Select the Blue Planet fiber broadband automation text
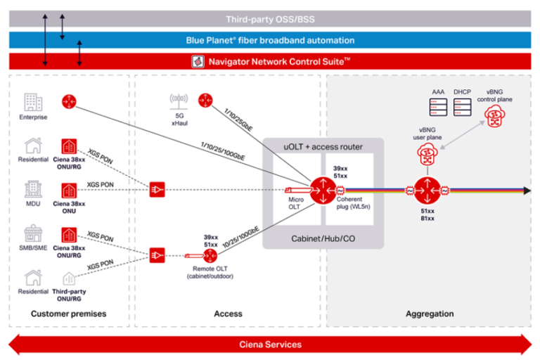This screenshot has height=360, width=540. pyautogui.click(x=270, y=40)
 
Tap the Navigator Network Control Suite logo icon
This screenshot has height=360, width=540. pyautogui.click(x=198, y=61)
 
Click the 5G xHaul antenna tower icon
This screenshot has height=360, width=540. pyautogui.click(x=179, y=103)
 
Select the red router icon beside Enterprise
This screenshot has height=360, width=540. pyautogui.click(x=69, y=102)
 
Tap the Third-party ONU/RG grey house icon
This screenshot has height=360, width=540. pyautogui.click(x=69, y=278)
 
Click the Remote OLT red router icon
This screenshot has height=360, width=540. pyautogui.click(x=210, y=257)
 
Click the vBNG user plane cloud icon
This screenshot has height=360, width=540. pyautogui.click(x=427, y=155)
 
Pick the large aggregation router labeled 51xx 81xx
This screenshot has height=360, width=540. pyautogui.click(x=426, y=190)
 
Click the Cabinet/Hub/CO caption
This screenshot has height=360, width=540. pyautogui.click(x=323, y=238)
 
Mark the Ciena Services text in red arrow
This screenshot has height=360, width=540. pyautogui.click(x=270, y=345)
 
